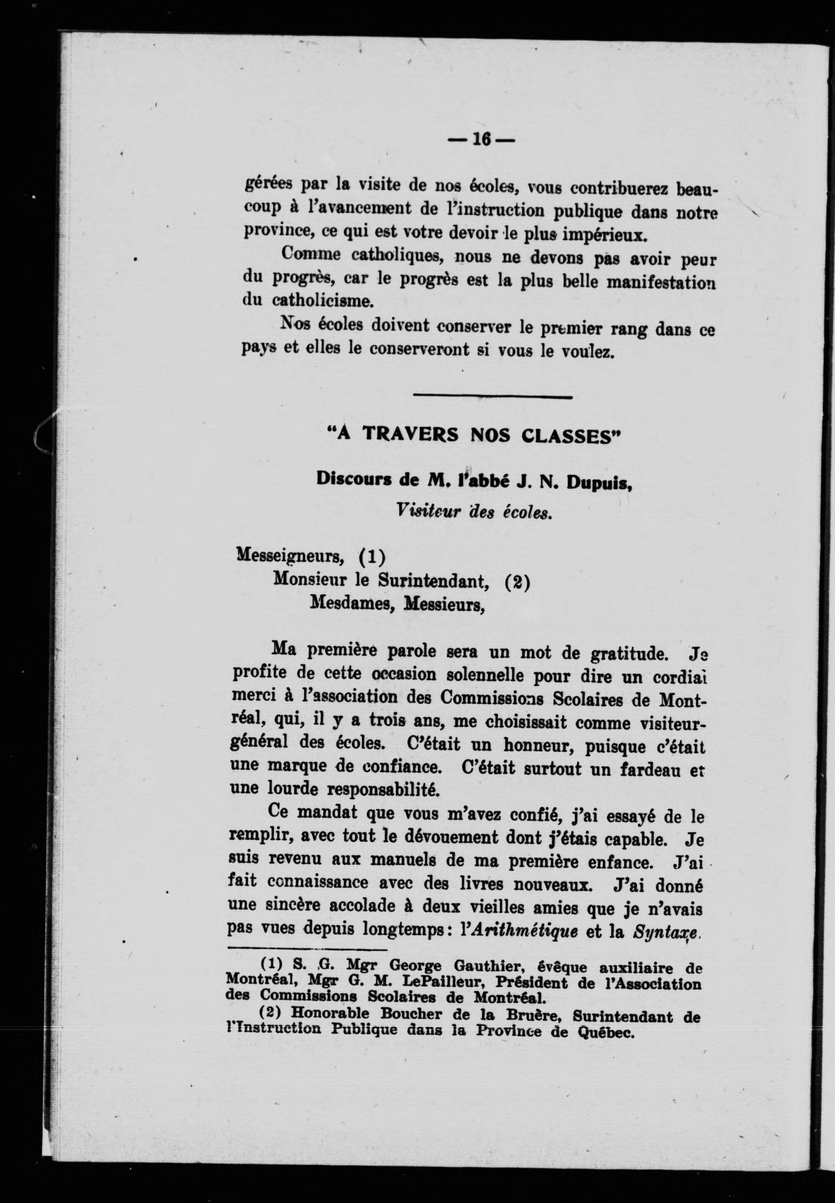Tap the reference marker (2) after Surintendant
point(518,582)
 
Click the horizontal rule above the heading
point(492,397)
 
